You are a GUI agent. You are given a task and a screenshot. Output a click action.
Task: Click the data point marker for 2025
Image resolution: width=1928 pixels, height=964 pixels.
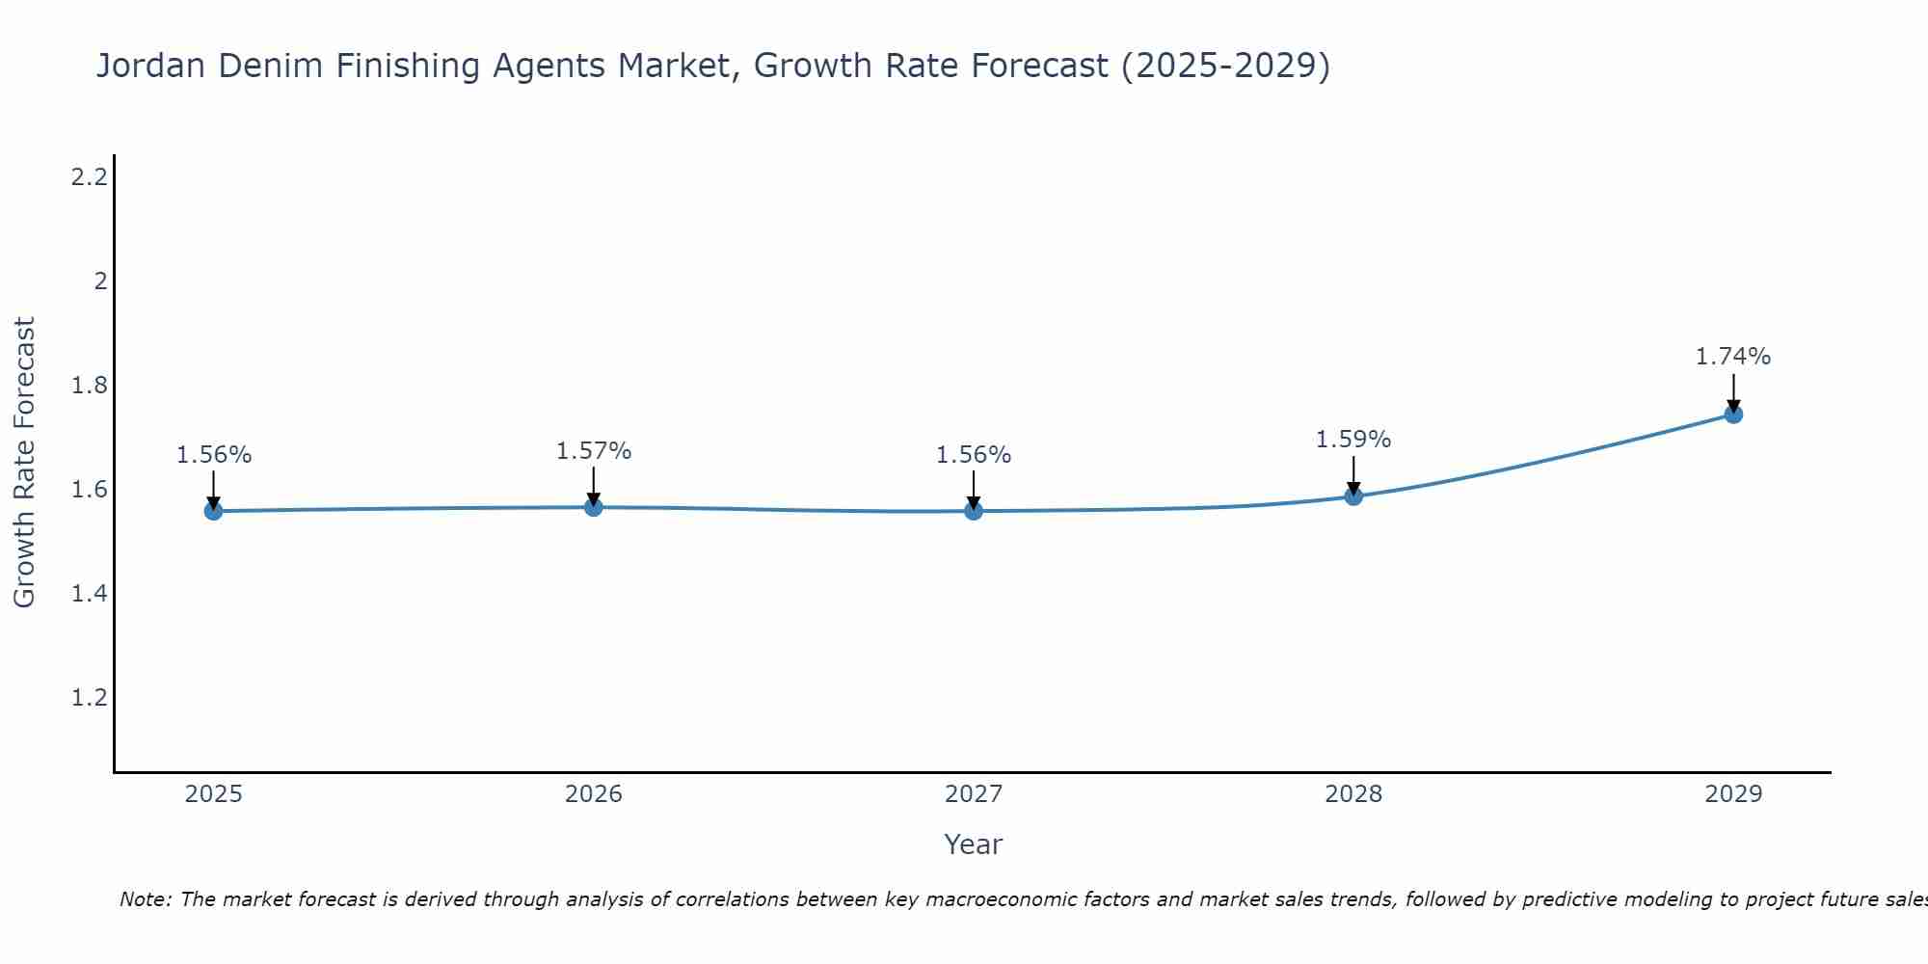213,511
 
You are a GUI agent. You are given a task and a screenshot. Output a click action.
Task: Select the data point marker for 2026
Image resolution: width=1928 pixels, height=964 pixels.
594,507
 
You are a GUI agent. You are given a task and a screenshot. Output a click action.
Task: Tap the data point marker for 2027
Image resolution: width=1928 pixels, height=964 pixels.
974,511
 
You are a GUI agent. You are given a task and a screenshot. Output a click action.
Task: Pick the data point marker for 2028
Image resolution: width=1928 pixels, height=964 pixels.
1353,496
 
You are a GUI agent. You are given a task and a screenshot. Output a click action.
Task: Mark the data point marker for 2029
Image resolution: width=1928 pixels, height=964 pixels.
1733,415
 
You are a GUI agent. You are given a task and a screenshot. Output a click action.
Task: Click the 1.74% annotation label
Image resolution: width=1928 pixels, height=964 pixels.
1733,357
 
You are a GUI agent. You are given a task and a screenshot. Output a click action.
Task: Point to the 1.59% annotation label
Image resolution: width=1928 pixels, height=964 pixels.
1353,440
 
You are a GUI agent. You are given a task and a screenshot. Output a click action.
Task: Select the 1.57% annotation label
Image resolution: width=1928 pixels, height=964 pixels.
594,451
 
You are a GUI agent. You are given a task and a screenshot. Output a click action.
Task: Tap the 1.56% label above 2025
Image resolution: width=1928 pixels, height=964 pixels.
213,455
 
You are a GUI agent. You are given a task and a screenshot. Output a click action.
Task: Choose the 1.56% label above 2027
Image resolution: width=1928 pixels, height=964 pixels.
974,455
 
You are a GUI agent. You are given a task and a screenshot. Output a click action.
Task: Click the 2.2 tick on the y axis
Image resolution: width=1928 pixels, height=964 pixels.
89,177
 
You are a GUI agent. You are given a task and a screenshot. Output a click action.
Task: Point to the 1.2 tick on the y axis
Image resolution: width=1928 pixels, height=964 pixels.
89,698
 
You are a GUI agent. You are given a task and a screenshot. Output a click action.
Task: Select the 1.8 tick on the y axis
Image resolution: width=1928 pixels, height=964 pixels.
89,386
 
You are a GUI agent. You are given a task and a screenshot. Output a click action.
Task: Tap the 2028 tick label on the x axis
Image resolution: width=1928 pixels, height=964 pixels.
1353,794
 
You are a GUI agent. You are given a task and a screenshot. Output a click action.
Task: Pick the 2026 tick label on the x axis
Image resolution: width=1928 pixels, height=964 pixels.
594,794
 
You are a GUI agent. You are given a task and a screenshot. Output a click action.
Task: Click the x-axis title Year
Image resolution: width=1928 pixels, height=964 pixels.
974,844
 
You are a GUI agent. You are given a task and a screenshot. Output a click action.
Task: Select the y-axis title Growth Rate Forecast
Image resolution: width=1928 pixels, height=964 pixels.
24,463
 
